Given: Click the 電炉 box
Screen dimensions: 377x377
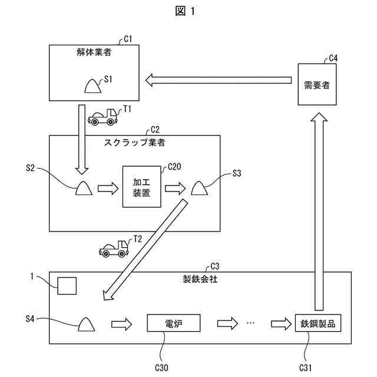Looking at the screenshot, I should [x=174, y=323].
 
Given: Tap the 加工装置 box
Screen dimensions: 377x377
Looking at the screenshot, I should [x=142, y=187].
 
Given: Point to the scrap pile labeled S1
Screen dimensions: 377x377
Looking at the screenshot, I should [x=92, y=85].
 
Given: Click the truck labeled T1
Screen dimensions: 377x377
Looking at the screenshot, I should [x=102, y=117].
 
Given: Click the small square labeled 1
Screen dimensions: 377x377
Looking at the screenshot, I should [x=67, y=286].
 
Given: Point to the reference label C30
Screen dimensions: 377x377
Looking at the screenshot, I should [x=161, y=368].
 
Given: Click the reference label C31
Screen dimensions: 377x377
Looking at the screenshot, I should [x=307, y=368].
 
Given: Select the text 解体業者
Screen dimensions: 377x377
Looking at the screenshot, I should [x=94, y=52].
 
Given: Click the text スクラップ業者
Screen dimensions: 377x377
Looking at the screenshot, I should [x=134, y=142].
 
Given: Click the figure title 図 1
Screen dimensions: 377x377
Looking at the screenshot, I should [x=188, y=11].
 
